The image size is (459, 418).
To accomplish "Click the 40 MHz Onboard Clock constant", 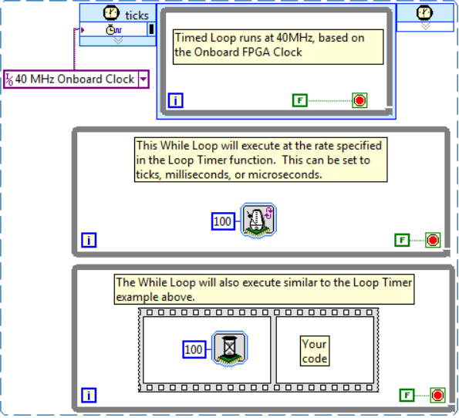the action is click(x=76, y=79).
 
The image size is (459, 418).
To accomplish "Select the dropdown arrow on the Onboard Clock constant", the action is click(x=143, y=79).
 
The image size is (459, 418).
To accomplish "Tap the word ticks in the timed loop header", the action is click(x=137, y=15).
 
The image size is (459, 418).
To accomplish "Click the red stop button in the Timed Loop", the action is click(x=359, y=100).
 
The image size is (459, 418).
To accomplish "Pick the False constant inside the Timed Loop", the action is click(x=300, y=100).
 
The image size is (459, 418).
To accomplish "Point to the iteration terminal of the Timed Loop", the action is click(x=176, y=100).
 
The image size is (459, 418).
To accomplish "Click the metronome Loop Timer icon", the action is click(x=258, y=221).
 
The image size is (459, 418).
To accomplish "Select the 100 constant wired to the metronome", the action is click(x=223, y=221).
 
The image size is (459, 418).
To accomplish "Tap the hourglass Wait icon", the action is click(x=230, y=349).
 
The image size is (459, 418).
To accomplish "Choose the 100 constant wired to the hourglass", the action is click(x=194, y=349).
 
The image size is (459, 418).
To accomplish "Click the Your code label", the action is click(x=315, y=351).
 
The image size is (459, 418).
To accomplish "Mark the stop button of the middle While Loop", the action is click(x=433, y=241).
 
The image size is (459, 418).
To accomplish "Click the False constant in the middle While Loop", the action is click(x=402, y=241).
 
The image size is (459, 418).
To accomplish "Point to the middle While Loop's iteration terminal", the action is click(x=89, y=241).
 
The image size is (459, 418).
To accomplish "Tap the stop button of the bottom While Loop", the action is click(x=437, y=396).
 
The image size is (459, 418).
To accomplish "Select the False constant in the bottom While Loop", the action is click(x=407, y=396).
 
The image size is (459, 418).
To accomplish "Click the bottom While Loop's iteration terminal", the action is click(x=89, y=396).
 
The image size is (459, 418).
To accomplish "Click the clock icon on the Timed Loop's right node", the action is click(x=424, y=12).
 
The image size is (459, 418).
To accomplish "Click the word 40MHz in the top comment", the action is click(x=295, y=38).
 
